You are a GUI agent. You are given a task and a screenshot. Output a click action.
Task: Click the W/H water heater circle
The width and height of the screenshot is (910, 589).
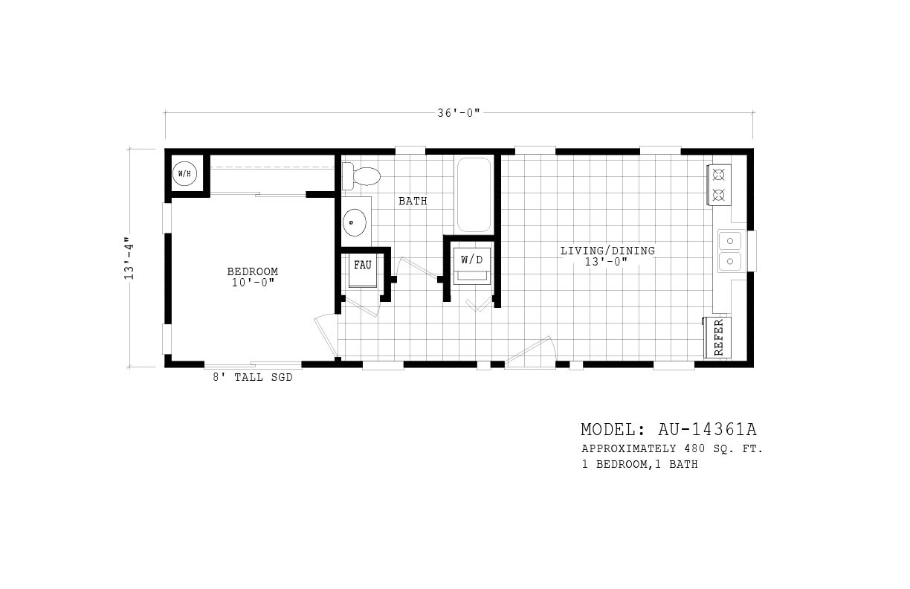coord(184,174)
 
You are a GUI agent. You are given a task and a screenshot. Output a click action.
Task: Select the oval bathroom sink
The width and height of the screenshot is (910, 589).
coord(355,222)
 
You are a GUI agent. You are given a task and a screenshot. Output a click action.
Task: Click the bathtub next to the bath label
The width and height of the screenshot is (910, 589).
coord(474,194)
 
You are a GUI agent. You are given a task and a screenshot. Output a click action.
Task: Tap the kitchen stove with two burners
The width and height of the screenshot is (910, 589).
coord(720,185)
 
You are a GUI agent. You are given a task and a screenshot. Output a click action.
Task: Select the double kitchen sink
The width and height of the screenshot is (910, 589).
coord(731,251)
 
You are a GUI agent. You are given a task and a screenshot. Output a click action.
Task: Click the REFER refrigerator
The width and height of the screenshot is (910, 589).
coord(718,338)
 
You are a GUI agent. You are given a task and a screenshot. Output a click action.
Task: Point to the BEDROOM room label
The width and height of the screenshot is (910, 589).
coord(253,271)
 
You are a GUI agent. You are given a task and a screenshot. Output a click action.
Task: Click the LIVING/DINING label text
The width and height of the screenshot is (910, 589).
coord(607,251)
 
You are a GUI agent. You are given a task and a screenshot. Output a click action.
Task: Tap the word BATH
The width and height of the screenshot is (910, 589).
coord(413,202)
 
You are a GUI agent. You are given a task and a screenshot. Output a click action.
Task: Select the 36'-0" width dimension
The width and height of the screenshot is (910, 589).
coord(459,112)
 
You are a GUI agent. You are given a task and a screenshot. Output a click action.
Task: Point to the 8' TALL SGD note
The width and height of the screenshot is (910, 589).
coord(253,378)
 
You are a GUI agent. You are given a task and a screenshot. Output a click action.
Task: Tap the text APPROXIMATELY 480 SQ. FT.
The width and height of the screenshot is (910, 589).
coord(671,449)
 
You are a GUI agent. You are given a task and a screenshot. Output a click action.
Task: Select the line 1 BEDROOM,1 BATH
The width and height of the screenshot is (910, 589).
coord(639,465)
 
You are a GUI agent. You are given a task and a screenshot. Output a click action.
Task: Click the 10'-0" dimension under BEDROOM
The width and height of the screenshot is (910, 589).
coord(253,283)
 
